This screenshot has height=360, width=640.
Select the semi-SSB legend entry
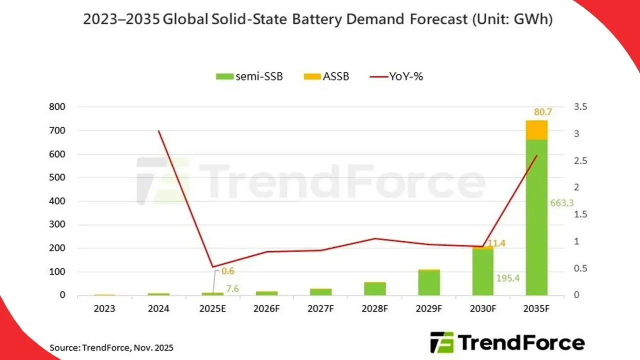pyautogui.click(x=249, y=76)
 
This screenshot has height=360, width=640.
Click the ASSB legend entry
pyautogui.click(x=326, y=76)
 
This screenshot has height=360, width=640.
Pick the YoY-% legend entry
pyautogui.click(x=396, y=76)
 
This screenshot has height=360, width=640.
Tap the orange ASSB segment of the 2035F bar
pyautogui.click(x=536, y=130)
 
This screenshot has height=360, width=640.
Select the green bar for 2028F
pyautogui.click(x=375, y=288)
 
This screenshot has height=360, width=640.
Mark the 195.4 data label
pyautogui.click(x=508, y=277)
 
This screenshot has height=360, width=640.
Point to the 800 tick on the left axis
pyautogui.click(x=58, y=107)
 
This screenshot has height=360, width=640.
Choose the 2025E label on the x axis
pyautogui.click(x=212, y=309)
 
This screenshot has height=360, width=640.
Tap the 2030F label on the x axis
pyautogui.click(x=482, y=309)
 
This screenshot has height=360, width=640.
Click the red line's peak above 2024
pyautogui.click(x=159, y=131)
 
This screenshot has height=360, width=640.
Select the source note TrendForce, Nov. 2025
pyautogui.click(x=111, y=347)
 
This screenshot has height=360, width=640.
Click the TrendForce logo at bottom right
pyautogui.click(x=507, y=343)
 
